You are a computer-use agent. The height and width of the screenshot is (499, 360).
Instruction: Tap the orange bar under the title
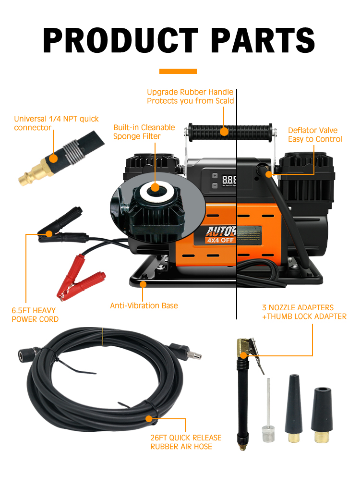point(178,71)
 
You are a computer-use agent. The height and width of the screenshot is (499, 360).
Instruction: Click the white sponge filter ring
point(154,188)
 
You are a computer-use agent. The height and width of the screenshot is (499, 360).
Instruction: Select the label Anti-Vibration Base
point(144,305)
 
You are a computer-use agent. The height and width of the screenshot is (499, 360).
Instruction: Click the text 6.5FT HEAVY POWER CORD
point(35,315)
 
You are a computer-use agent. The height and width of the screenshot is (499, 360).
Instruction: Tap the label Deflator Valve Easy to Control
point(315,135)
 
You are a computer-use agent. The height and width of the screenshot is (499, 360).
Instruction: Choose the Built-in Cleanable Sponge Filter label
point(144,132)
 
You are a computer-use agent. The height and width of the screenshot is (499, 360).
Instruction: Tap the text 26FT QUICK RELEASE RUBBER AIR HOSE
point(186,442)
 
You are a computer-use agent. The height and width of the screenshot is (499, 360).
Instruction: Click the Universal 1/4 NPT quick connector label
point(56,123)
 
